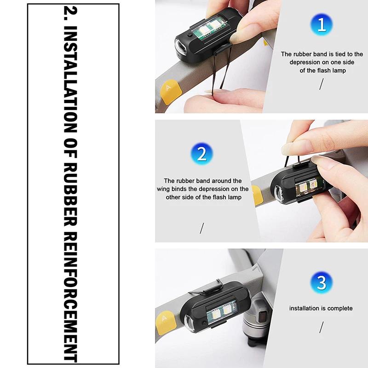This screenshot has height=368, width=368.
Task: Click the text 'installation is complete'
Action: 321,308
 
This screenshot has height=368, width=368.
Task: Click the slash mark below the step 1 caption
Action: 322,84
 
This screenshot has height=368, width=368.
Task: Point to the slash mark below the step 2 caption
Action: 201,227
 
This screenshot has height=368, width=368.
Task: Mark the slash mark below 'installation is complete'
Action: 322,327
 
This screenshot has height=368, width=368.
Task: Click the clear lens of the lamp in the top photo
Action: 181,47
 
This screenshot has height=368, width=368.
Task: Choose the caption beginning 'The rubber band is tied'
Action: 322,62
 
